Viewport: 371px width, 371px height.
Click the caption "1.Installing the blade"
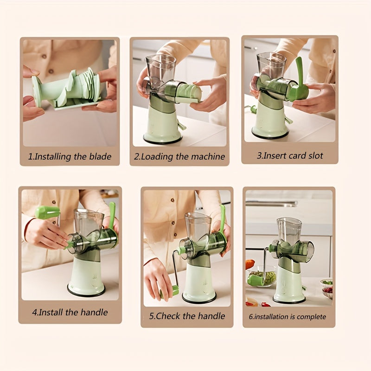tap(70, 156)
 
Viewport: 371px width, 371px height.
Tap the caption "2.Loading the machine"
tap(179, 156)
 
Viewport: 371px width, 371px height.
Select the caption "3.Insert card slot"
tap(290, 155)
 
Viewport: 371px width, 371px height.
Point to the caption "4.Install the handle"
tap(70, 312)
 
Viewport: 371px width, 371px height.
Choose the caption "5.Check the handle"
tap(187, 316)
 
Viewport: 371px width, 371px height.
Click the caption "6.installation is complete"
tap(288, 317)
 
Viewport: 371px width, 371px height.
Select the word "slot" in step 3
tap(314, 155)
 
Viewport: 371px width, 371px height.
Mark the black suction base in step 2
tap(162, 140)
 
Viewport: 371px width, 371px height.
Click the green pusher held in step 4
tap(47, 212)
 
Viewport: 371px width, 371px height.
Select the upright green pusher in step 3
tap(300, 74)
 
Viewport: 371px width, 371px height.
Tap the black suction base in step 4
tap(86, 291)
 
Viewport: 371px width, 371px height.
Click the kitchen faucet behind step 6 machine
tap(271, 203)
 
